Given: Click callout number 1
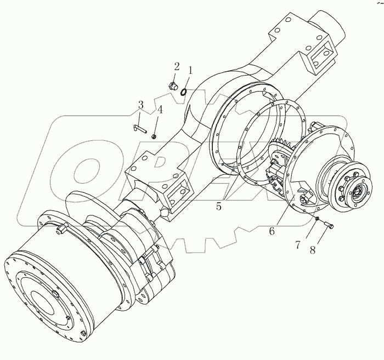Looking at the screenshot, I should tap(191, 70).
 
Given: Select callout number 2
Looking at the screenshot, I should tap(177, 66).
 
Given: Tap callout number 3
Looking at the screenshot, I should tap(141, 105).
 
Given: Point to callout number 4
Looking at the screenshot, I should tap(160, 110).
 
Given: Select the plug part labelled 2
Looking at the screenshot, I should tap(172, 85).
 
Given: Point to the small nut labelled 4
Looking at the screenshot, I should tap(154, 136).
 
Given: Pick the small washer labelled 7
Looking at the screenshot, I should tap(317, 220).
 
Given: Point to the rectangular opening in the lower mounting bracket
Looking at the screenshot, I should tap(177, 193).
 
